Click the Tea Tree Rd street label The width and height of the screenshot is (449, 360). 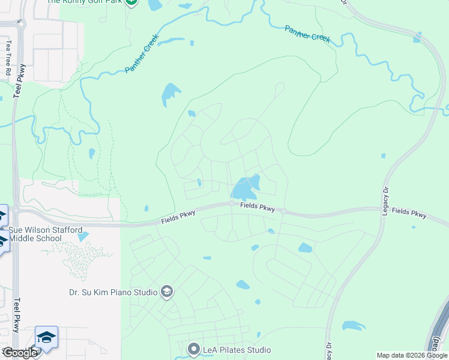point(8,58)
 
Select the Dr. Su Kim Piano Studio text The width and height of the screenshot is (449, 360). point(112,293)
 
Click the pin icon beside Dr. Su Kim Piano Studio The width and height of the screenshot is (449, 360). point(167,292)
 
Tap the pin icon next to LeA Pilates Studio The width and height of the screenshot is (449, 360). point(193,349)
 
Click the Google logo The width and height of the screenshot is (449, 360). point(20,353)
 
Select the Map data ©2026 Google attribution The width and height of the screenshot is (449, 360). point(412,355)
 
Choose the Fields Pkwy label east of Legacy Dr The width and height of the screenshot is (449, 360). point(409,213)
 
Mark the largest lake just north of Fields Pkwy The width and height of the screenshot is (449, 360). point(246,188)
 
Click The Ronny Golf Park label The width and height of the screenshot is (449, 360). point(84,2)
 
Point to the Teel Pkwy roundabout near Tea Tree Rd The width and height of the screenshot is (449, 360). point(22,25)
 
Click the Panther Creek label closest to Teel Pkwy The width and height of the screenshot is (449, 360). point(137,57)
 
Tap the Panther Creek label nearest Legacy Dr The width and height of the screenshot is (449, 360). point(307,34)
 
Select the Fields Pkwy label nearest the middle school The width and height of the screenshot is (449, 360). point(179,218)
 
